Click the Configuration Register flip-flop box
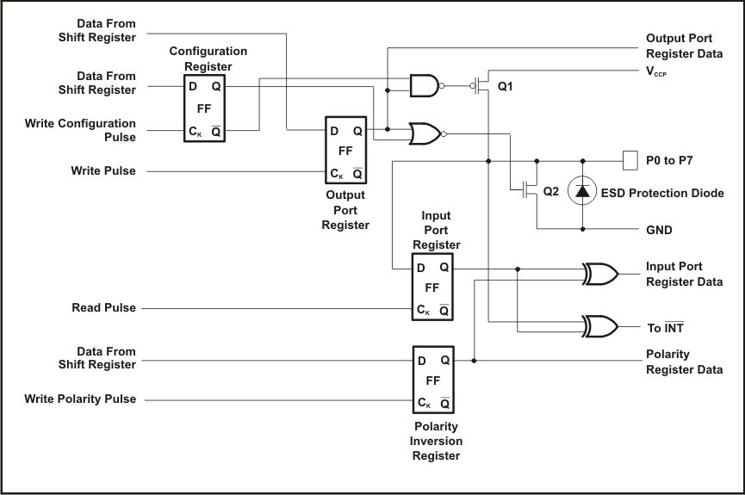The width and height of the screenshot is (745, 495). (204, 108)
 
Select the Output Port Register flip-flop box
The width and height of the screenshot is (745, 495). (345, 149)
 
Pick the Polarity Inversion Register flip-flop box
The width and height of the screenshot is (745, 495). (432, 380)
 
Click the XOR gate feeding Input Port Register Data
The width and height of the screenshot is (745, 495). (600, 274)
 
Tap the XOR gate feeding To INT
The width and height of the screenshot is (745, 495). (600, 326)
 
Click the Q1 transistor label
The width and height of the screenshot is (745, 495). (506, 87)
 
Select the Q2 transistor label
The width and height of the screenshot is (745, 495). (551, 192)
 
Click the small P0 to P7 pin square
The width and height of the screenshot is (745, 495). (629, 160)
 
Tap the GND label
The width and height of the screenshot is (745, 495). (659, 230)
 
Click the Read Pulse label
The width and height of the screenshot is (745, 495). (103, 307)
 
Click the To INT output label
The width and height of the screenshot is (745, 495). (665, 327)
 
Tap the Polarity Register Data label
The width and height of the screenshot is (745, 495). (684, 362)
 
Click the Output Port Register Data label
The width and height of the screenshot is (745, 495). (684, 46)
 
